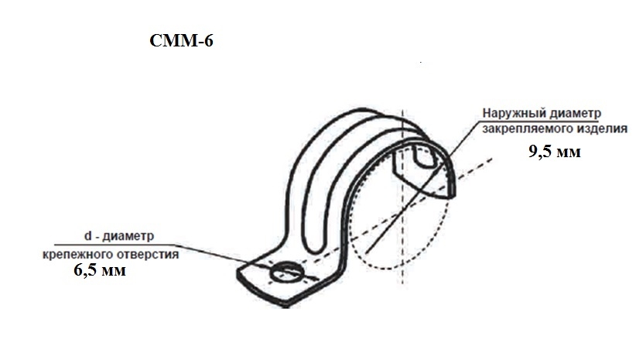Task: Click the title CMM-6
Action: click(x=181, y=40)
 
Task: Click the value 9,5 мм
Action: click(x=555, y=152)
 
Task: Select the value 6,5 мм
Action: click(x=100, y=270)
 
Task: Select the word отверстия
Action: click(x=148, y=255)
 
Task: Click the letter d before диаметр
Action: click(x=87, y=235)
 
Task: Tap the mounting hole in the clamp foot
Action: click(x=287, y=273)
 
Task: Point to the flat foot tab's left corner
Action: click(x=238, y=273)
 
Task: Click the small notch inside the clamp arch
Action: click(x=425, y=156)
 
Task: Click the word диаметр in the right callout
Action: click(x=576, y=113)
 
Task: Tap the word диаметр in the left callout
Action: click(x=128, y=236)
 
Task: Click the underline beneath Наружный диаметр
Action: click(x=540, y=121)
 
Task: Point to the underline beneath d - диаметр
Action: click(x=115, y=245)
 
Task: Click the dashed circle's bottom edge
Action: click(x=389, y=269)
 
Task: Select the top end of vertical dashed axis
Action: click(x=402, y=111)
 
